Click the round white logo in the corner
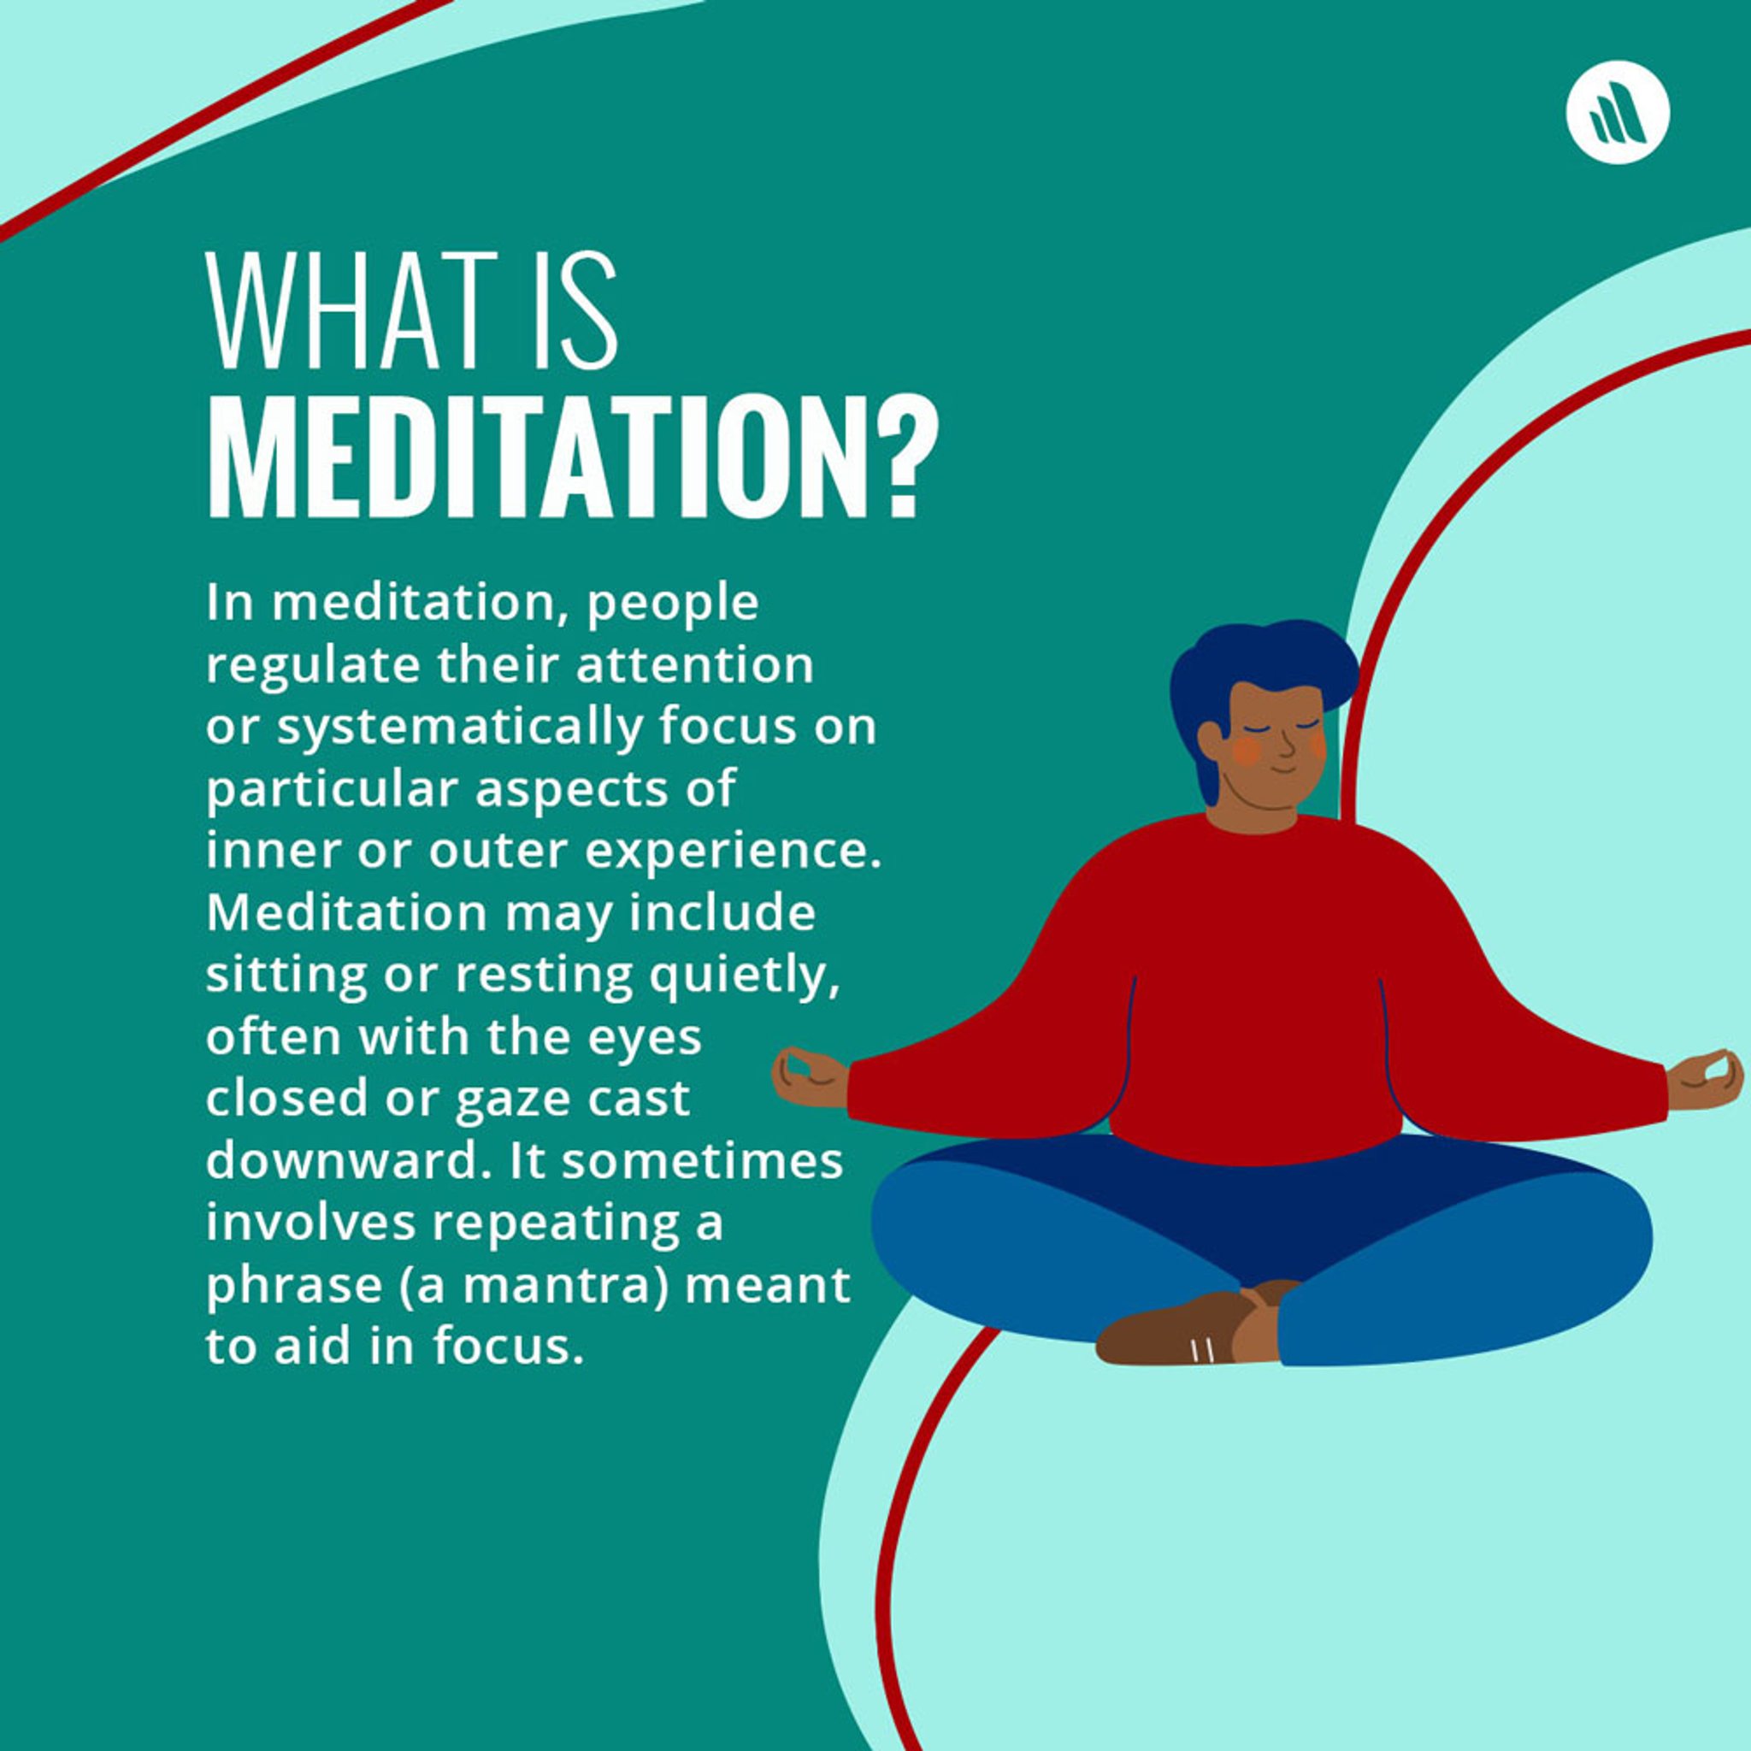coord(1618,111)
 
